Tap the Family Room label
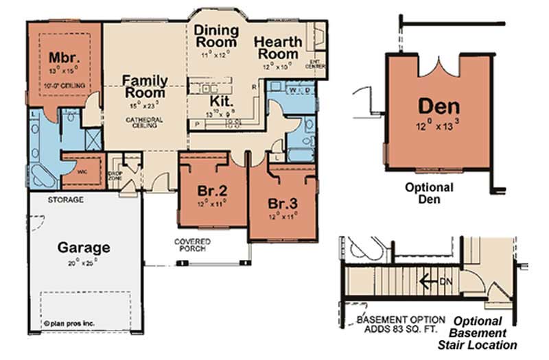(x=144, y=86)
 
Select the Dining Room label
(x=215, y=36)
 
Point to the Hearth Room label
(x=277, y=47)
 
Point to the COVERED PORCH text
(x=192, y=245)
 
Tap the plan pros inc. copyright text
(x=69, y=319)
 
